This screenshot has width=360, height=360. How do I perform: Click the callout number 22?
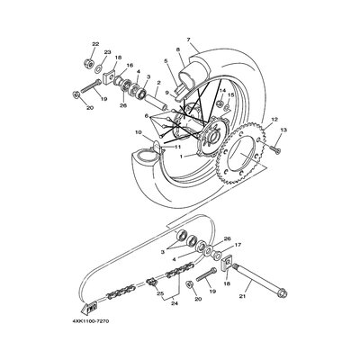95,44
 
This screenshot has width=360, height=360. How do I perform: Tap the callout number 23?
107,52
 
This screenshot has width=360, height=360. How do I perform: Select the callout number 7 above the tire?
188,40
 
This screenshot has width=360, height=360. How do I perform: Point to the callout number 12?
274,120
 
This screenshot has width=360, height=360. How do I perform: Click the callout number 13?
283,130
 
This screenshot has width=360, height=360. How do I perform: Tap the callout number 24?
175,303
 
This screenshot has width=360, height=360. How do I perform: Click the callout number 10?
138,131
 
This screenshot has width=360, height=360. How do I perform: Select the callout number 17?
238,245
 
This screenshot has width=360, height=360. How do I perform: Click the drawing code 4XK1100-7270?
90,321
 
